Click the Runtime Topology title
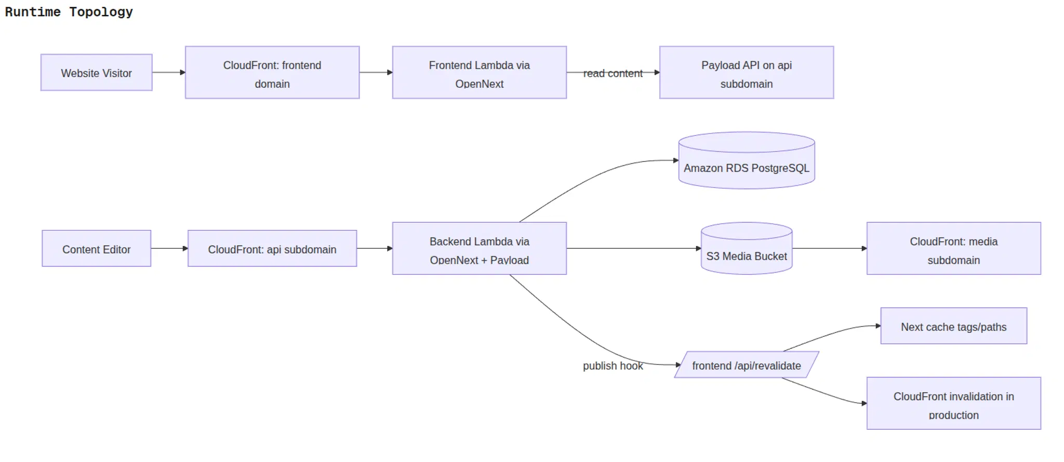69,12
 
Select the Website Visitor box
97,73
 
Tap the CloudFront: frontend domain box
272,73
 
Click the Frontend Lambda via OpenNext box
479,73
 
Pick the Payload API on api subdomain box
746,73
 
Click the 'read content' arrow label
613,73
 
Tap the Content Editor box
97,249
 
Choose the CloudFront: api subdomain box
272,249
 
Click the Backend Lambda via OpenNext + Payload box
479,249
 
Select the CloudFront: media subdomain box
953,249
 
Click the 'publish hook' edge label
613,365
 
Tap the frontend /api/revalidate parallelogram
746,365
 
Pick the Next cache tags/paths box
953,326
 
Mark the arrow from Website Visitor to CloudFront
168,72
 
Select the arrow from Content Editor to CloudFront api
169,248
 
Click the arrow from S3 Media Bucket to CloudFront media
829,248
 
